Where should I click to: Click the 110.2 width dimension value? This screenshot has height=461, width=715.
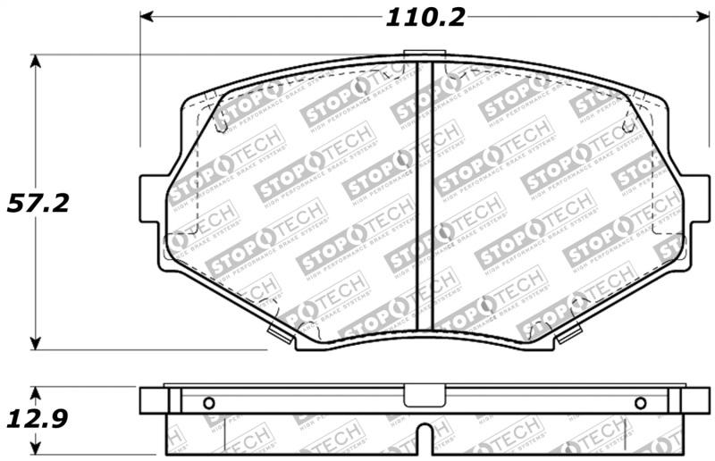click(425, 17)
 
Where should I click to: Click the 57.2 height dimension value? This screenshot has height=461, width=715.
click(38, 203)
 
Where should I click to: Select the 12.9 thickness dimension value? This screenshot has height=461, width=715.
click(37, 418)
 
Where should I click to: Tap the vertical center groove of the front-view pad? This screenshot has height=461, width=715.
click(425, 197)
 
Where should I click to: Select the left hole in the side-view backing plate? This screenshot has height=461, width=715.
click(210, 402)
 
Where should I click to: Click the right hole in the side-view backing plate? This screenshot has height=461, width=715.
click(640, 402)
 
